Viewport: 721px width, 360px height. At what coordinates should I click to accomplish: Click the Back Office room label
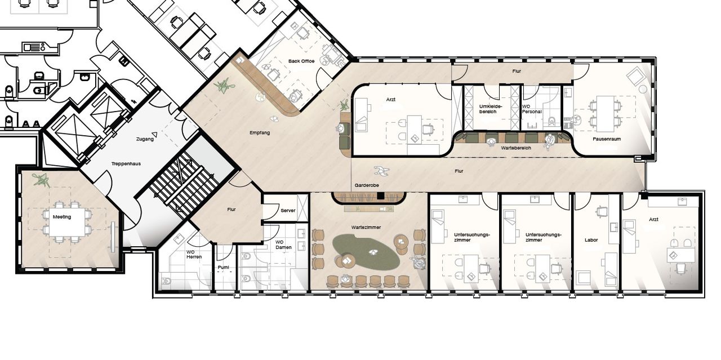(x=301, y=61)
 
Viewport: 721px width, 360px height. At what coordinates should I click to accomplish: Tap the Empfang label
(x=260, y=132)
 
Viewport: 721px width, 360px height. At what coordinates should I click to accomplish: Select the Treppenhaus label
(x=126, y=163)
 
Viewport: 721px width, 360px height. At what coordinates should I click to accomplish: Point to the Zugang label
(x=145, y=139)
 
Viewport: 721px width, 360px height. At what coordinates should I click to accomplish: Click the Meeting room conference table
(x=68, y=222)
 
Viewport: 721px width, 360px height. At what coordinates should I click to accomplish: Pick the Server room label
(x=288, y=211)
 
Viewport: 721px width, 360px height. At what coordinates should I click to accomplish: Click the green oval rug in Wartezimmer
(x=366, y=252)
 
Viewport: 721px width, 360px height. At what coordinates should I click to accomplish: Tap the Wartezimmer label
(x=366, y=228)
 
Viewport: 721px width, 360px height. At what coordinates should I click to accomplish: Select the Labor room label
(x=591, y=240)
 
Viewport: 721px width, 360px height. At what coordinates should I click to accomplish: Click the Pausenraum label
(x=607, y=139)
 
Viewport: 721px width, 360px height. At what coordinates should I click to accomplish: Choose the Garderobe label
(x=367, y=185)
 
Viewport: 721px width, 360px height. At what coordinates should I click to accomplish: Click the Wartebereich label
(x=516, y=148)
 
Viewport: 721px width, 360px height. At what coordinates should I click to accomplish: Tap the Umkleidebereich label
(x=490, y=109)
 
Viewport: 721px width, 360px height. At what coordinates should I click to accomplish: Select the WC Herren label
(x=194, y=255)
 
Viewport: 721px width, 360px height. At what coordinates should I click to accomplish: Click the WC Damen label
(x=283, y=245)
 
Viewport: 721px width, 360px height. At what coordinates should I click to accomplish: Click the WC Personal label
(x=531, y=109)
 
